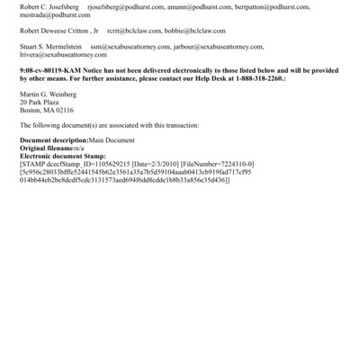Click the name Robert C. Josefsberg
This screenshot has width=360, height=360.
click(x=49, y=5)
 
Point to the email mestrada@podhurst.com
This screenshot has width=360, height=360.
click(x=55, y=15)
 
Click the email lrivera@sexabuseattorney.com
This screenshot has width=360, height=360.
click(x=67, y=55)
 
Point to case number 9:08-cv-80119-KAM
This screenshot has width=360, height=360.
click(x=55, y=70)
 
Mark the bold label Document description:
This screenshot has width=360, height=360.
click(x=54, y=141)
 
